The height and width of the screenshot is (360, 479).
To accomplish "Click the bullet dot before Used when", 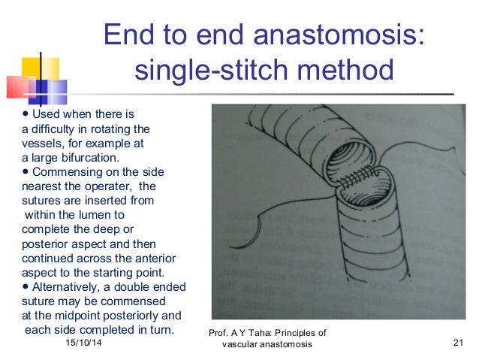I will coord(26,115).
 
